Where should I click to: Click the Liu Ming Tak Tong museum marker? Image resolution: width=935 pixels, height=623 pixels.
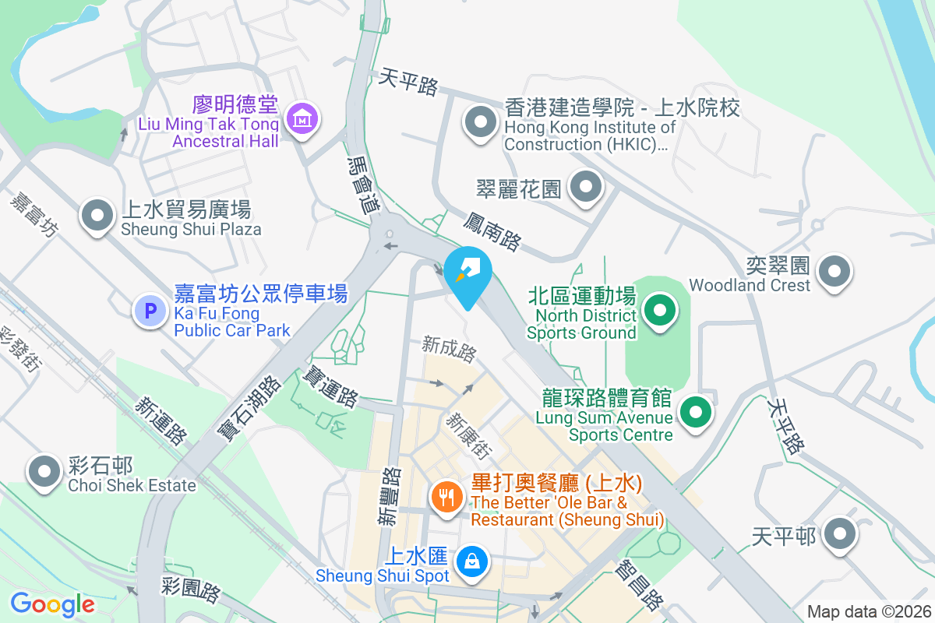point(301,119)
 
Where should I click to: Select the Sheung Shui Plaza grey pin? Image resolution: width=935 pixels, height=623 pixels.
point(98,216)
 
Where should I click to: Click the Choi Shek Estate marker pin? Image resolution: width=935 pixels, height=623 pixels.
point(44,471)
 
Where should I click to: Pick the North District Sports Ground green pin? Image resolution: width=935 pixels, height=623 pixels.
point(660,311)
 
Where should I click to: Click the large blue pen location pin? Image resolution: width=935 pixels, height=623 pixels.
point(467,273)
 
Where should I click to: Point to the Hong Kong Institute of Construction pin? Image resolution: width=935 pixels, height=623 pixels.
point(481,122)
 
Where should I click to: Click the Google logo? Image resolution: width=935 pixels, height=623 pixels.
point(52,604)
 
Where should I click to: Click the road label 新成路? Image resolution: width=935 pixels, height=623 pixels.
point(449,349)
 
